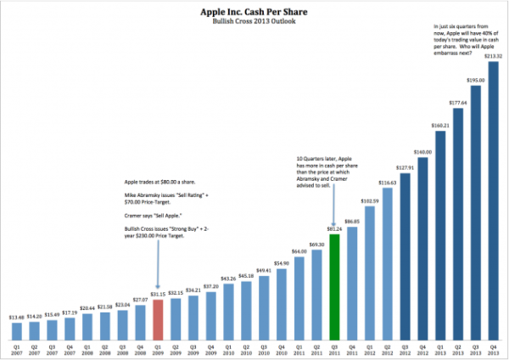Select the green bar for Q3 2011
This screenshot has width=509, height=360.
(x=336, y=285)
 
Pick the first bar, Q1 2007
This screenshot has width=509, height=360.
(x=17, y=332)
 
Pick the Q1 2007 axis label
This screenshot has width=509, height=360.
(x=17, y=349)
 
